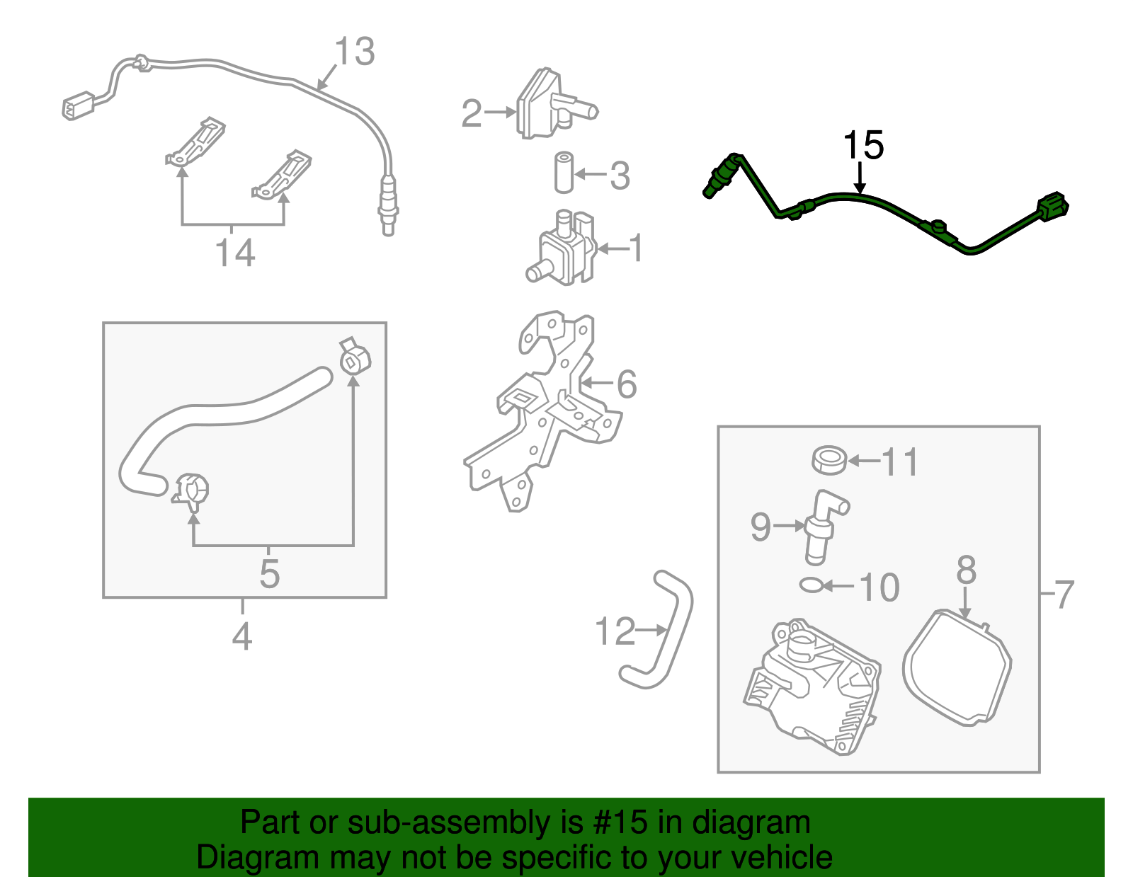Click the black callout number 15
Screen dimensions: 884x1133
coord(863,145)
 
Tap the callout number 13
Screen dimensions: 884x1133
coord(354,52)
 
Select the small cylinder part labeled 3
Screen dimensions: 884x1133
coord(564,172)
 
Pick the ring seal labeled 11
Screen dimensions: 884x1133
coord(829,461)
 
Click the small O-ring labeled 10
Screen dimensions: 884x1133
coord(811,585)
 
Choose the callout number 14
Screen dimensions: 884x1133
coord(234,253)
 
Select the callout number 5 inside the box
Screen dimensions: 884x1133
coord(269,573)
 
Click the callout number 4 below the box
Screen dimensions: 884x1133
coord(242,636)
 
